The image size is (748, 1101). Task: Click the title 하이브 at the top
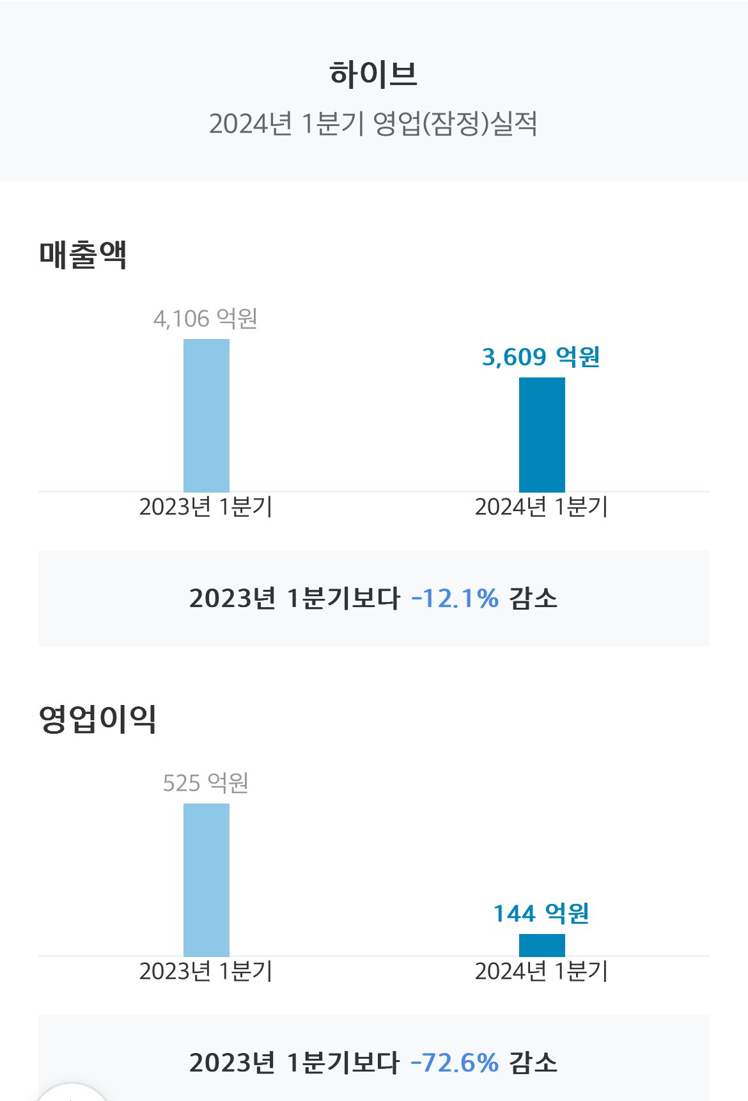[x=373, y=74]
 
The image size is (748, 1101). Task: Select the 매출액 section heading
[x=83, y=255]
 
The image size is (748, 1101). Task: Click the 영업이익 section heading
[x=98, y=719]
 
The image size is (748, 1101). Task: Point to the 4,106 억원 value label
[x=205, y=318]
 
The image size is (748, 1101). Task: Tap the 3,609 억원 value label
[x=541, y=357]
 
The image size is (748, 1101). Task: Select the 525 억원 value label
[x=205, y=782]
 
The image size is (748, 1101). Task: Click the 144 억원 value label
[x=541, y=914]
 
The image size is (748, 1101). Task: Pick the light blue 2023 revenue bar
[x=206, y=415]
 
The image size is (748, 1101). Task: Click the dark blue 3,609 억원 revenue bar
[x=542, y=434]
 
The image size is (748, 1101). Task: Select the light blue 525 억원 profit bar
[x=206, y=880]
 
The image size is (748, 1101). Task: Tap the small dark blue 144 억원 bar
[x=542, y=945]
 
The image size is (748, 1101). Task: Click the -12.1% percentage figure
[x=455, y=599]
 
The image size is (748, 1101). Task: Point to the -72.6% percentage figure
[x=455, y=1063]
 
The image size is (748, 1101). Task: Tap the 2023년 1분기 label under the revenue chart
[x=205, y=507]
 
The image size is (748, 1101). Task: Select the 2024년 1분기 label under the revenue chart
[x=541, y=507]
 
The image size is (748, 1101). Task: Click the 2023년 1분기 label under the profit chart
[x=205, y=971]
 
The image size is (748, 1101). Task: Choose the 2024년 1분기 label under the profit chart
[x=541, y=971]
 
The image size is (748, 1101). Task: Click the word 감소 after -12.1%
[x=533, y=599]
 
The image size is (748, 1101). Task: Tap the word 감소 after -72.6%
[x=533, y=1063]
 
